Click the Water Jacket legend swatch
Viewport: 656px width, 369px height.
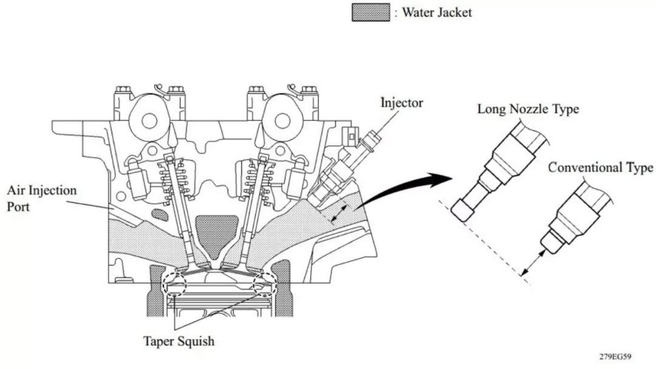371,12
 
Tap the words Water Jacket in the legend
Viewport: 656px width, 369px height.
436,12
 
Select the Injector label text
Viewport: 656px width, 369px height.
401,102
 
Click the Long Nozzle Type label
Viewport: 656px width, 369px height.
528,109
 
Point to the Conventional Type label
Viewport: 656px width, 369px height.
600,168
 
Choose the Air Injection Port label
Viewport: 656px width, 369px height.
42,198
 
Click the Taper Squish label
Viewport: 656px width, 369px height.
179,341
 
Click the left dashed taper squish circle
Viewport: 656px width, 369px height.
174,284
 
